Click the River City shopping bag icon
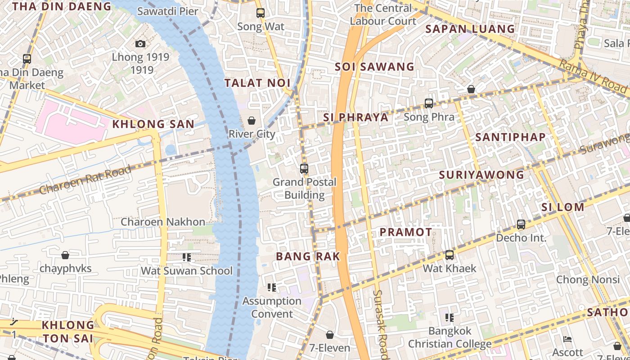[x=252, y=121]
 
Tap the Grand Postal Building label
[x=305, y=189]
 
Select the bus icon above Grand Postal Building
[x=304, y=169]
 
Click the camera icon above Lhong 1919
[x=140, y=44]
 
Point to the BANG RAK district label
[x=308, y=256]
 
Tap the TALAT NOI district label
[x=257, y=83]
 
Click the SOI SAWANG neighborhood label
[x=374, y=67]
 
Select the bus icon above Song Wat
[x=261, y=13]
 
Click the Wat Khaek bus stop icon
[x=449, y=255]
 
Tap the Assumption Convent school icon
[x=271, y=287]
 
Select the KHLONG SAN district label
[x=153, y=124]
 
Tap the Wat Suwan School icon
[x=187, y=257]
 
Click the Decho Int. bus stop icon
[x=521, y=224]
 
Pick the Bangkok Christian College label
[x=450, y=337]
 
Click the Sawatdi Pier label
[x=168, y=11]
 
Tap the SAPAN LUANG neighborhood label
[x=470, y=29]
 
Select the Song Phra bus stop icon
[x=429, y=103]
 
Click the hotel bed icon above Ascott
[x=567, y=339]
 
